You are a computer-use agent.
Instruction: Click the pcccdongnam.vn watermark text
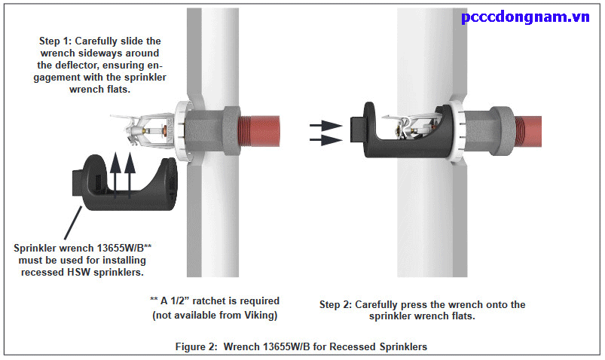click(525, 17)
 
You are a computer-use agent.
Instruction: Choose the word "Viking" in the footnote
click(258, 316)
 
